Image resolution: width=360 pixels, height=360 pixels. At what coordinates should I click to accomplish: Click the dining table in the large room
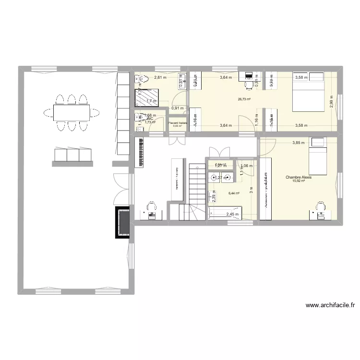(71, 112)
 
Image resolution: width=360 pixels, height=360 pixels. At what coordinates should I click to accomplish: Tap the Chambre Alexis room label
(299, 177)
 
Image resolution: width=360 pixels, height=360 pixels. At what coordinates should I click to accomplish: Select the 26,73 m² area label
(245, 99)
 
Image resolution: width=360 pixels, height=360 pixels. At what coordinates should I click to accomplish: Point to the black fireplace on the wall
(123, 222)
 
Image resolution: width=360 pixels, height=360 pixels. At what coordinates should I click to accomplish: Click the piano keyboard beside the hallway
(142, 153)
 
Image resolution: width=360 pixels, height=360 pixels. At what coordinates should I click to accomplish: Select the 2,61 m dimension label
(160, 77)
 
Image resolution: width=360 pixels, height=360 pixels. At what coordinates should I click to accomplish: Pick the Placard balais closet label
(178, 123)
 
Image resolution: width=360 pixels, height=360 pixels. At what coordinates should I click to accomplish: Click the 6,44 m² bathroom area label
(234, 193)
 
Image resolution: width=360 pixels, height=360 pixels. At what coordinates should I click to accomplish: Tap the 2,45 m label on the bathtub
(233, 215)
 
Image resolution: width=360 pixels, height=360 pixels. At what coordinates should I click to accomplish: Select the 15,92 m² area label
(299, 181)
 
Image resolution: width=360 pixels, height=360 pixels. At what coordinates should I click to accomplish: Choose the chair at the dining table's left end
(48, 112)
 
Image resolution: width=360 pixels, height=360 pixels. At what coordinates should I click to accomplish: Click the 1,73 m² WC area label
(150, 122)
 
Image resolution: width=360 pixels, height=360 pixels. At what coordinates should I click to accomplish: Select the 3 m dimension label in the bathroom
(251, 189)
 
